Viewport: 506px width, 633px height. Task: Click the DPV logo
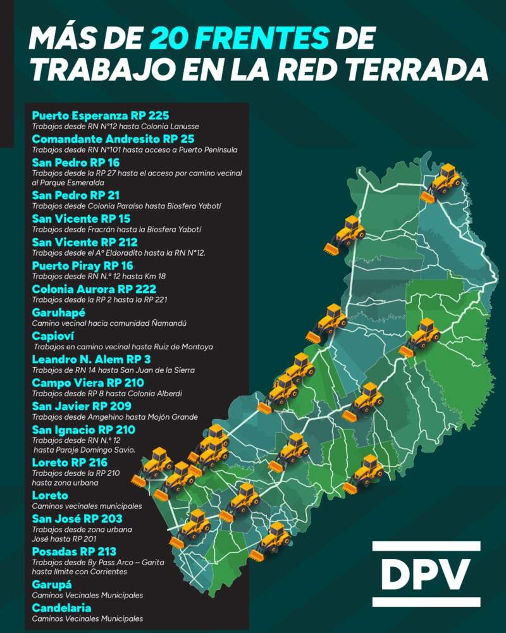[x=426, y=574]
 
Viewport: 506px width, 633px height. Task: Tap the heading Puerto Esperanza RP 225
[x=100, y=116]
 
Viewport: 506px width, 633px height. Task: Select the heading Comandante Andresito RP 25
[x=113, y=139]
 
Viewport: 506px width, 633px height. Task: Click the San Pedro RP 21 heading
[x=75, y=195]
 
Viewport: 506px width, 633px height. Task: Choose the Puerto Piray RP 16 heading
[x=82, y=266]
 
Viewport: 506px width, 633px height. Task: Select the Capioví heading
[x=54, y=336]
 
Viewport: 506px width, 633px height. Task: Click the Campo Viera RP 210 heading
[x=87, y=383]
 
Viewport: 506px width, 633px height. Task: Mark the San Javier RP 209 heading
[x=82, y=406]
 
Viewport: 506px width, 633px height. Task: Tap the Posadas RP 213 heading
[x=74, y=551]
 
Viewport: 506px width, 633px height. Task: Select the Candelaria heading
[x=61, y=608]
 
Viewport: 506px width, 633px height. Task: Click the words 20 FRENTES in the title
[x=240, y=39]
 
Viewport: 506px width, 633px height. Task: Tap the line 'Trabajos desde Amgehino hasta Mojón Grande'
[x=114, y=417]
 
